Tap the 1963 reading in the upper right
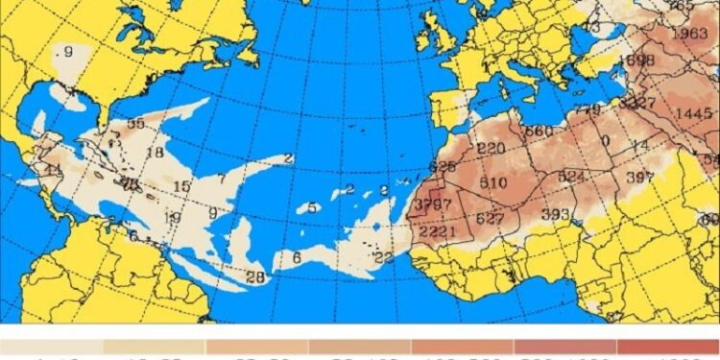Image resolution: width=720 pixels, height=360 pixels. pyautogui.click(x=689, y=35)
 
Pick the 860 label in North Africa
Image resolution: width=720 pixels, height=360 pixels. pyautogui.click(x=539, y=131)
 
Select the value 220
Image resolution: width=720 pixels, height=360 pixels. pyautogui.click(x=491, y=148)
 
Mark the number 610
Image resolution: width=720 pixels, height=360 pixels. pyautogui.click(x=493, y=183)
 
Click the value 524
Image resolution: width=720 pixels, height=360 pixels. pyautogui.click(x=570, y=177)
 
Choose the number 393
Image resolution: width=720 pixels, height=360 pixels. pyautogui.click(x=555, y=213)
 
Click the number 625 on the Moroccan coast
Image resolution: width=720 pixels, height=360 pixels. pyautogui.click(x=443, y=167)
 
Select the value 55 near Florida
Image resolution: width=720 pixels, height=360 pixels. pyautogui.click(x=135, y=123)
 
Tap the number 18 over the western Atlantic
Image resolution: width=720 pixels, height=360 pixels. pyautogui.click(x=154, y=153)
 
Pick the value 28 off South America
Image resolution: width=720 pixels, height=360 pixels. pyautogui.click(x=255, y=277)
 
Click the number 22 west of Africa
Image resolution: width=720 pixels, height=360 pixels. pyautogui.click(x=384, y=257)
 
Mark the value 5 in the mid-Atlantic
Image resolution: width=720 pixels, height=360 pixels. pyautogui.click(x=313, y=207)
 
